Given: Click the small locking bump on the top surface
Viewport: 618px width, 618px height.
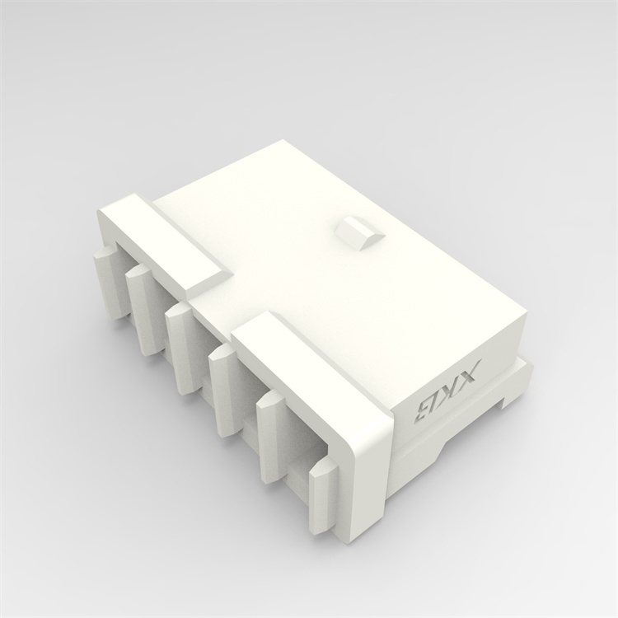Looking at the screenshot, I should point(359,232).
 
